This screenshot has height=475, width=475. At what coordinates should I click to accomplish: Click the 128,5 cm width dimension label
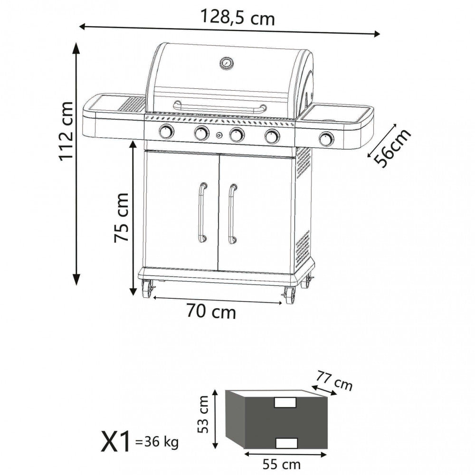[238, 17]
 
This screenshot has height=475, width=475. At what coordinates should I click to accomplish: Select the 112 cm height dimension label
[66, 131]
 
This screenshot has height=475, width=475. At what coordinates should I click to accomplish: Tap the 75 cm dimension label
[122, 217]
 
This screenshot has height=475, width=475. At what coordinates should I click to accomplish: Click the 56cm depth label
[392, 148]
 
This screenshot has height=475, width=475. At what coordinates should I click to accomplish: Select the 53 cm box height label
[203, 414]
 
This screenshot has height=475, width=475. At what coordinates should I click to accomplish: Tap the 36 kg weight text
[157, 442]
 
